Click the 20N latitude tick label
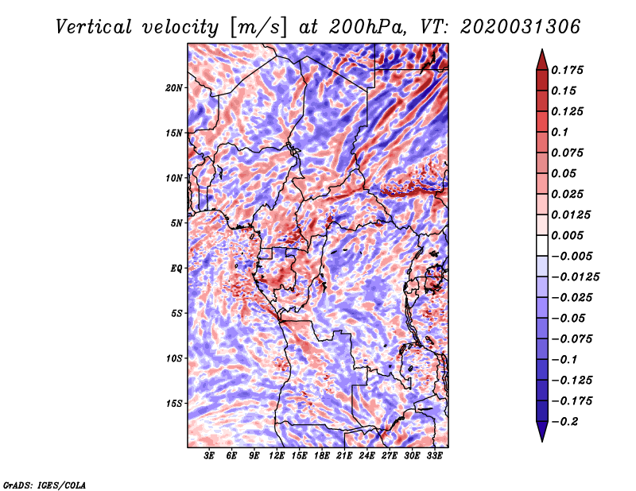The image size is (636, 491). click(x=175, y=87)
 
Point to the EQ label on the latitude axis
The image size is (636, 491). click(x=176, y=268)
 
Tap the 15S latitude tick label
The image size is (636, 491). click(x=175, y=403)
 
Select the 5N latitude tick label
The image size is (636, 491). click(x=176, y=223)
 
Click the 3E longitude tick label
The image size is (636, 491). click(x=210, y=457)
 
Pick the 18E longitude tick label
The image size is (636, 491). click(x=322, y=457)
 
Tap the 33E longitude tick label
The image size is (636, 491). click(x=434, y=457)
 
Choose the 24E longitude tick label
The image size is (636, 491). click(x=366, y=457)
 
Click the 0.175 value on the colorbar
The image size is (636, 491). click(x=569, y=70)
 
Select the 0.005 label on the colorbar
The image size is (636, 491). click(x=569, y=235)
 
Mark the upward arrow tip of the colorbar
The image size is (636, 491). click(x=541, y=51)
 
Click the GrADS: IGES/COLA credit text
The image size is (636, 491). click(x=45, y=483)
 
